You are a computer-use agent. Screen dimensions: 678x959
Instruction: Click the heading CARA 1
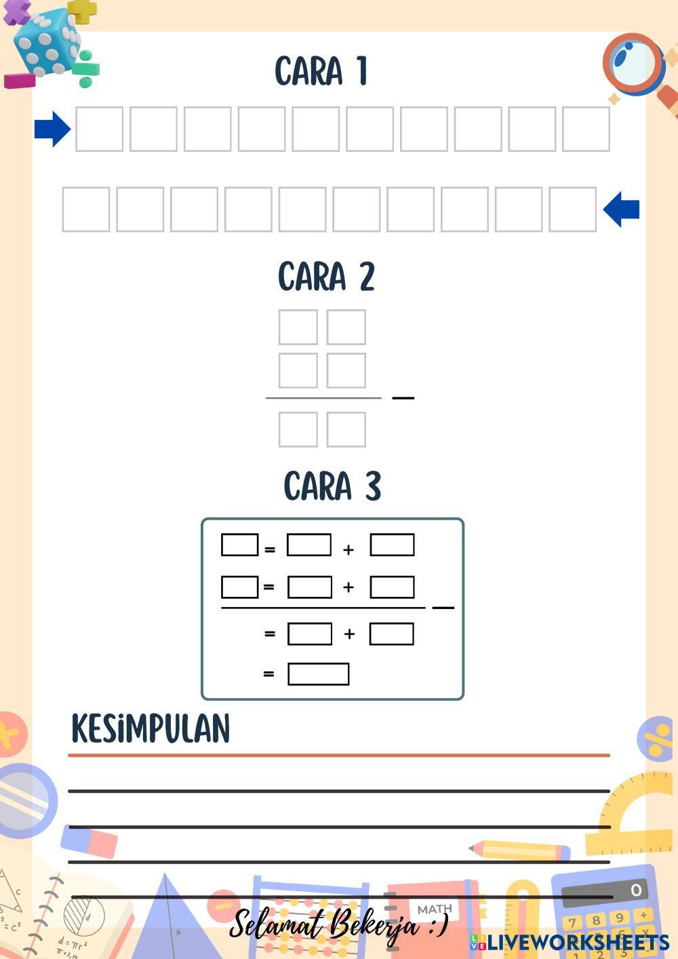(321, 71)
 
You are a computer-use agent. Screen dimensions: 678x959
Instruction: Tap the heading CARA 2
(326, 277)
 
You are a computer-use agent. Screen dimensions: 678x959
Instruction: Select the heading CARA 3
(332, 486)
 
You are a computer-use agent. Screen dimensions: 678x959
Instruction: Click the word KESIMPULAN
(151, 729)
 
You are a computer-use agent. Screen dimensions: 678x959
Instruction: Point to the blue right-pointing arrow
(52, 128)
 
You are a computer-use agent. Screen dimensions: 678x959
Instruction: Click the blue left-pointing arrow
(621, 209)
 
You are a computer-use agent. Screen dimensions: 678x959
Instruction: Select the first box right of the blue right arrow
(99, 129)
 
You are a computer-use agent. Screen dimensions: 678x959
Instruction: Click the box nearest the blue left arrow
(572, 210)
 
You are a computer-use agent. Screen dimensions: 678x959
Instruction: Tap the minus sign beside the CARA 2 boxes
(403, 397)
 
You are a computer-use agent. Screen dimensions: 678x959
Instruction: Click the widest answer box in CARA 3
(318, 674)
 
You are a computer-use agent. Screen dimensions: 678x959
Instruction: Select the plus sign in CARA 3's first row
(348, 549)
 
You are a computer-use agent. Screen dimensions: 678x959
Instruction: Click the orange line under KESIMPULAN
(339, 755)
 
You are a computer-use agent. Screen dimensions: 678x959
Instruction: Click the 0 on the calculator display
(635, 890)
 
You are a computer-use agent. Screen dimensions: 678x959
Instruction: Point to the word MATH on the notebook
(435, 909)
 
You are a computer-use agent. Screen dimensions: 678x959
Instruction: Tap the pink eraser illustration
(89, 841)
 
